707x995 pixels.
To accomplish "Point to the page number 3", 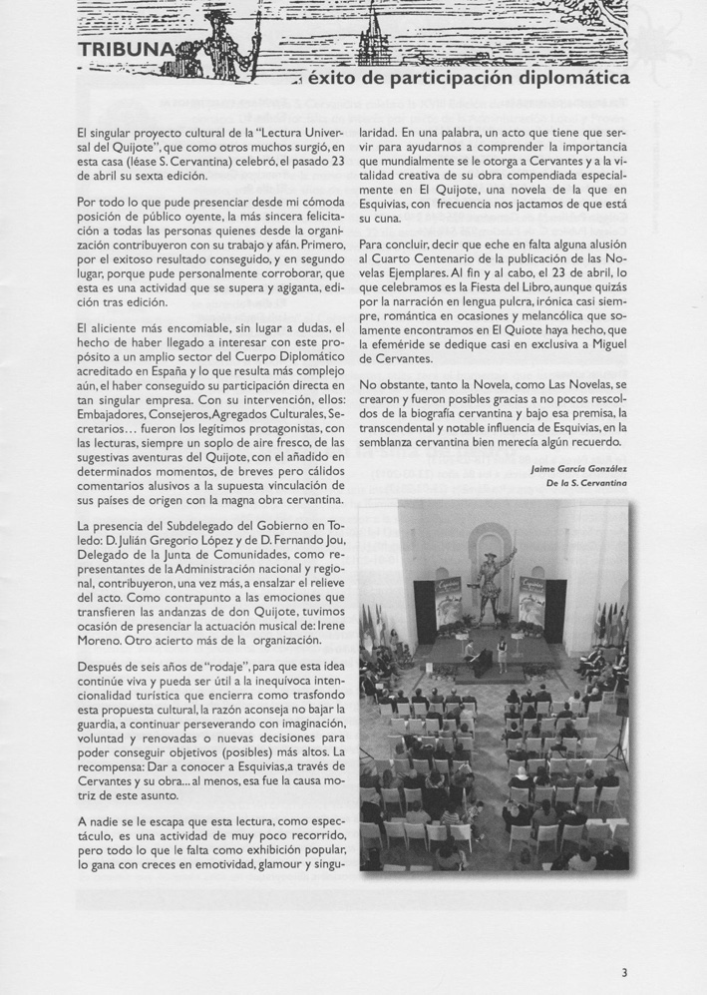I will click(624, 972).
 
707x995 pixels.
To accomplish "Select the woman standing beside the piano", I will click(504, 657).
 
